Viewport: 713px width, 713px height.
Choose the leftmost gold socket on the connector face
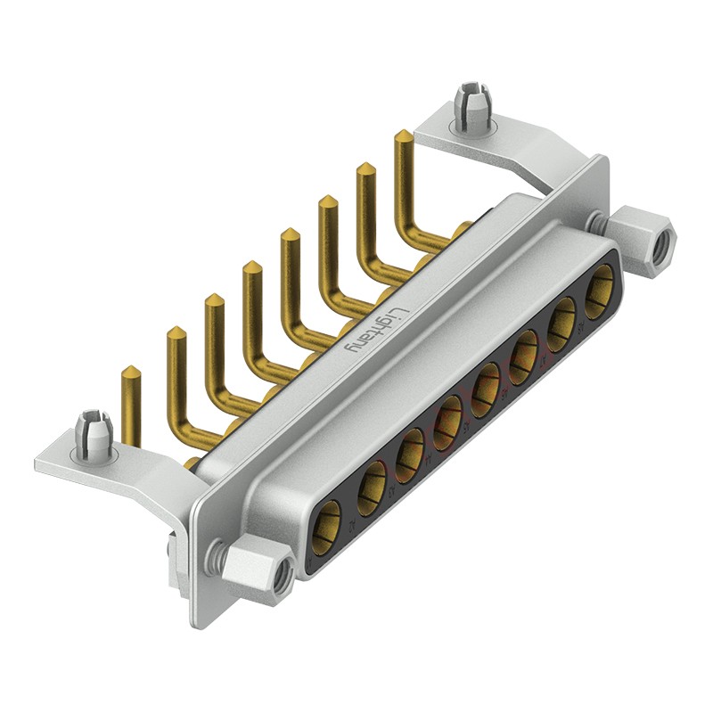(x=329, y=519)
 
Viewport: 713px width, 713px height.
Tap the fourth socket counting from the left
(x=449, y=416)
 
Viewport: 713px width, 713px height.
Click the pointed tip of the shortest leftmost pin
(x=130, y=371)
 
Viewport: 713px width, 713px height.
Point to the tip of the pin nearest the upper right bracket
(x=403, y=136)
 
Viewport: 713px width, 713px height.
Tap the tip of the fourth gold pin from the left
(x=252, y=266)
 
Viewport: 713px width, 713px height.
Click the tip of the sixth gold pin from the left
(x=327, y=201)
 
